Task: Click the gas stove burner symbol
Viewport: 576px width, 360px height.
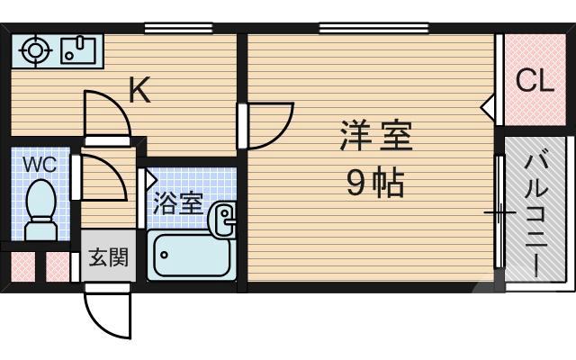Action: point(35,50)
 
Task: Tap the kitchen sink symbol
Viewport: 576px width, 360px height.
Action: point(79,49)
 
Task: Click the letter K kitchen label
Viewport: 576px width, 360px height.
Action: point(139,89)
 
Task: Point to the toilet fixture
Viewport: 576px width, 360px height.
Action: point(40,210)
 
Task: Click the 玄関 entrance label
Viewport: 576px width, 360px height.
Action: point(108,259)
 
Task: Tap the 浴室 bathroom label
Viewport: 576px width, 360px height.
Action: point(178,202)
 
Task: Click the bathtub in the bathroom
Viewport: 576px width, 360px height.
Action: point(190,256)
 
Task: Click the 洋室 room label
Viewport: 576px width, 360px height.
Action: point(375,138)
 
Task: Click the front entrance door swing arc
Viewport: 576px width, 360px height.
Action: point(106,311)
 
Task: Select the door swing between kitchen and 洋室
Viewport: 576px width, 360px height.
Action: point(270,126)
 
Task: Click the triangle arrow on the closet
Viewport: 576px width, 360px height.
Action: point(487,109)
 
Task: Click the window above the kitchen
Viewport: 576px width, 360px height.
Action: point(172,28)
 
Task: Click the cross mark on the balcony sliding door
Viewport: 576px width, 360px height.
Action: point(499,214)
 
